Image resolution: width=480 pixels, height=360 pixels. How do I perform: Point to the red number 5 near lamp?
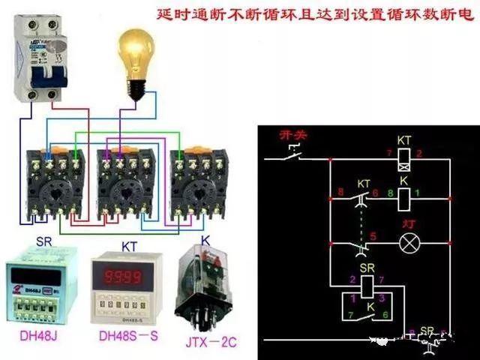373,237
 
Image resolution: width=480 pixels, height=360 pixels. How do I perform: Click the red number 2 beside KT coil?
420,154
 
